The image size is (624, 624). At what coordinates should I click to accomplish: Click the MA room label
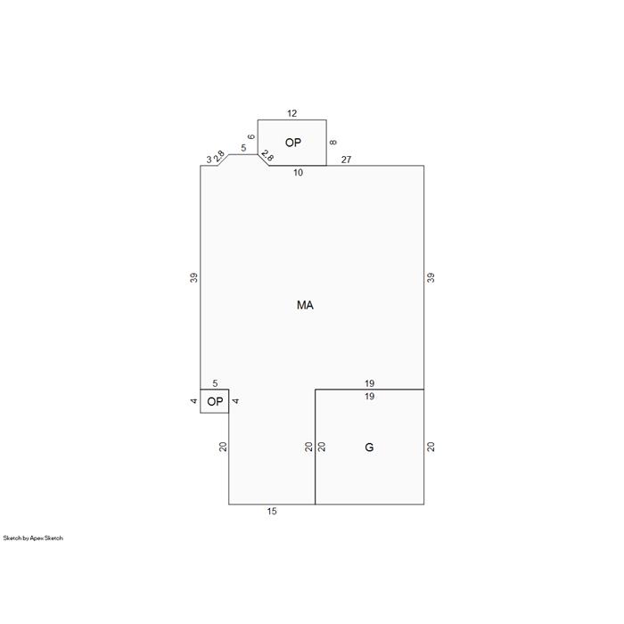305,305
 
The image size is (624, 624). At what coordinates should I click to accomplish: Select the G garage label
369,447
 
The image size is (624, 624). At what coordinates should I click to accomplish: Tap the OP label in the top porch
293,143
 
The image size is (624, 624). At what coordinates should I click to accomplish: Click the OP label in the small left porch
216,401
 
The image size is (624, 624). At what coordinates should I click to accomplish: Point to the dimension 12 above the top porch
292,113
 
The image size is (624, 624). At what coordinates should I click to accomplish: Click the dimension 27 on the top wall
346,160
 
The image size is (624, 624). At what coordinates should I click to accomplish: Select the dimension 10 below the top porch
298,173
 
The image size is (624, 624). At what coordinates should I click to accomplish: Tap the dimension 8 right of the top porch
333,142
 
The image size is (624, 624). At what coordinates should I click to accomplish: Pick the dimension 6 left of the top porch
251,137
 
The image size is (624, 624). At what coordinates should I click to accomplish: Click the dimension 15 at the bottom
272,512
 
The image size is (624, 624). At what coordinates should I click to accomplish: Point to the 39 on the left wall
193,277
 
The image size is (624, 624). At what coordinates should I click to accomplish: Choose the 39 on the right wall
431,277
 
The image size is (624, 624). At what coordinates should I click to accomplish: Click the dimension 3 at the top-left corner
209,160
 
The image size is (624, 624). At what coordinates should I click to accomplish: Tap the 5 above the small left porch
215,383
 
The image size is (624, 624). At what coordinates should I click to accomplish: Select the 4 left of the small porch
193,401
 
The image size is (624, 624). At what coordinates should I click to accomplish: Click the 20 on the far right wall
431,447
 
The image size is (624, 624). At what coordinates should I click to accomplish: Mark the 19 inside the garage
369,397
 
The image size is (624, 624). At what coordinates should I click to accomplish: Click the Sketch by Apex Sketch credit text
33,538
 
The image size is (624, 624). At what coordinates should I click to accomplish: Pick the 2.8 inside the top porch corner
267,156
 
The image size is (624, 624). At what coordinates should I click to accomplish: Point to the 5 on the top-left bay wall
243,149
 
